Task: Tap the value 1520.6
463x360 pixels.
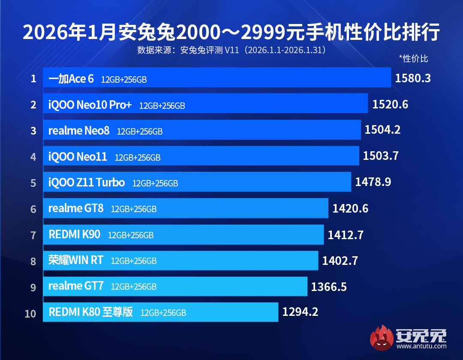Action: coord(390,105)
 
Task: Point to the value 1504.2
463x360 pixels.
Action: coord(382,130)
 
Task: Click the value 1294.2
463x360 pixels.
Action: coord(300,312)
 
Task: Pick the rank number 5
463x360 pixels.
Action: coord(33,183)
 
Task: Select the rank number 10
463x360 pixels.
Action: coord(30,313)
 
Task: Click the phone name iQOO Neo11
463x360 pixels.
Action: coord(78,157)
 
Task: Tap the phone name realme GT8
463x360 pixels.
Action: coord(76,209)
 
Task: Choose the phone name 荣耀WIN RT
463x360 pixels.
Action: coord(76,260)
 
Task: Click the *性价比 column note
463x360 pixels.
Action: coord(413,59)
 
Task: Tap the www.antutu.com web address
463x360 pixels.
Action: coord(421,346)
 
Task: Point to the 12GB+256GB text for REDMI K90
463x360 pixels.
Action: coord(131,235)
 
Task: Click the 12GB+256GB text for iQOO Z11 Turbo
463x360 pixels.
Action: coord(155,183)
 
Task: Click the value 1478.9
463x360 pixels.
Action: coord(373,183)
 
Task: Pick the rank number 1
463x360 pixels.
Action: coord(33,79)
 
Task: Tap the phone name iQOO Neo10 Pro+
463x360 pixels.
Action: coord(90,105)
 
